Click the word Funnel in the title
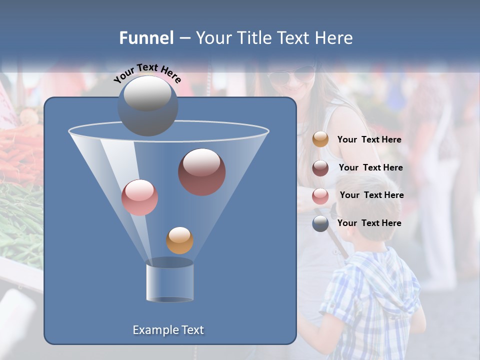coord(146,38)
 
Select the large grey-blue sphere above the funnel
coord(147,105)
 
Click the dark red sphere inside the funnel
coord(202,171)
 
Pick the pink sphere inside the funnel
coord(139,197)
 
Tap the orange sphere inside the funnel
coord(179,240)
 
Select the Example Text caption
coord(168,330)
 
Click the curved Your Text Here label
coord(147,73)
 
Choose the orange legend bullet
coord(320,139)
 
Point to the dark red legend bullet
coord(320,167)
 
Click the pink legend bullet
coord(320,195)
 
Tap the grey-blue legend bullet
coord(320,223)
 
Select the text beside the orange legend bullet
coord(369,140)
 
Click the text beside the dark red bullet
coord(370,167)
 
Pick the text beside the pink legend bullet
coord(371,195)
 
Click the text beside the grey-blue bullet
coord(369,223)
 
